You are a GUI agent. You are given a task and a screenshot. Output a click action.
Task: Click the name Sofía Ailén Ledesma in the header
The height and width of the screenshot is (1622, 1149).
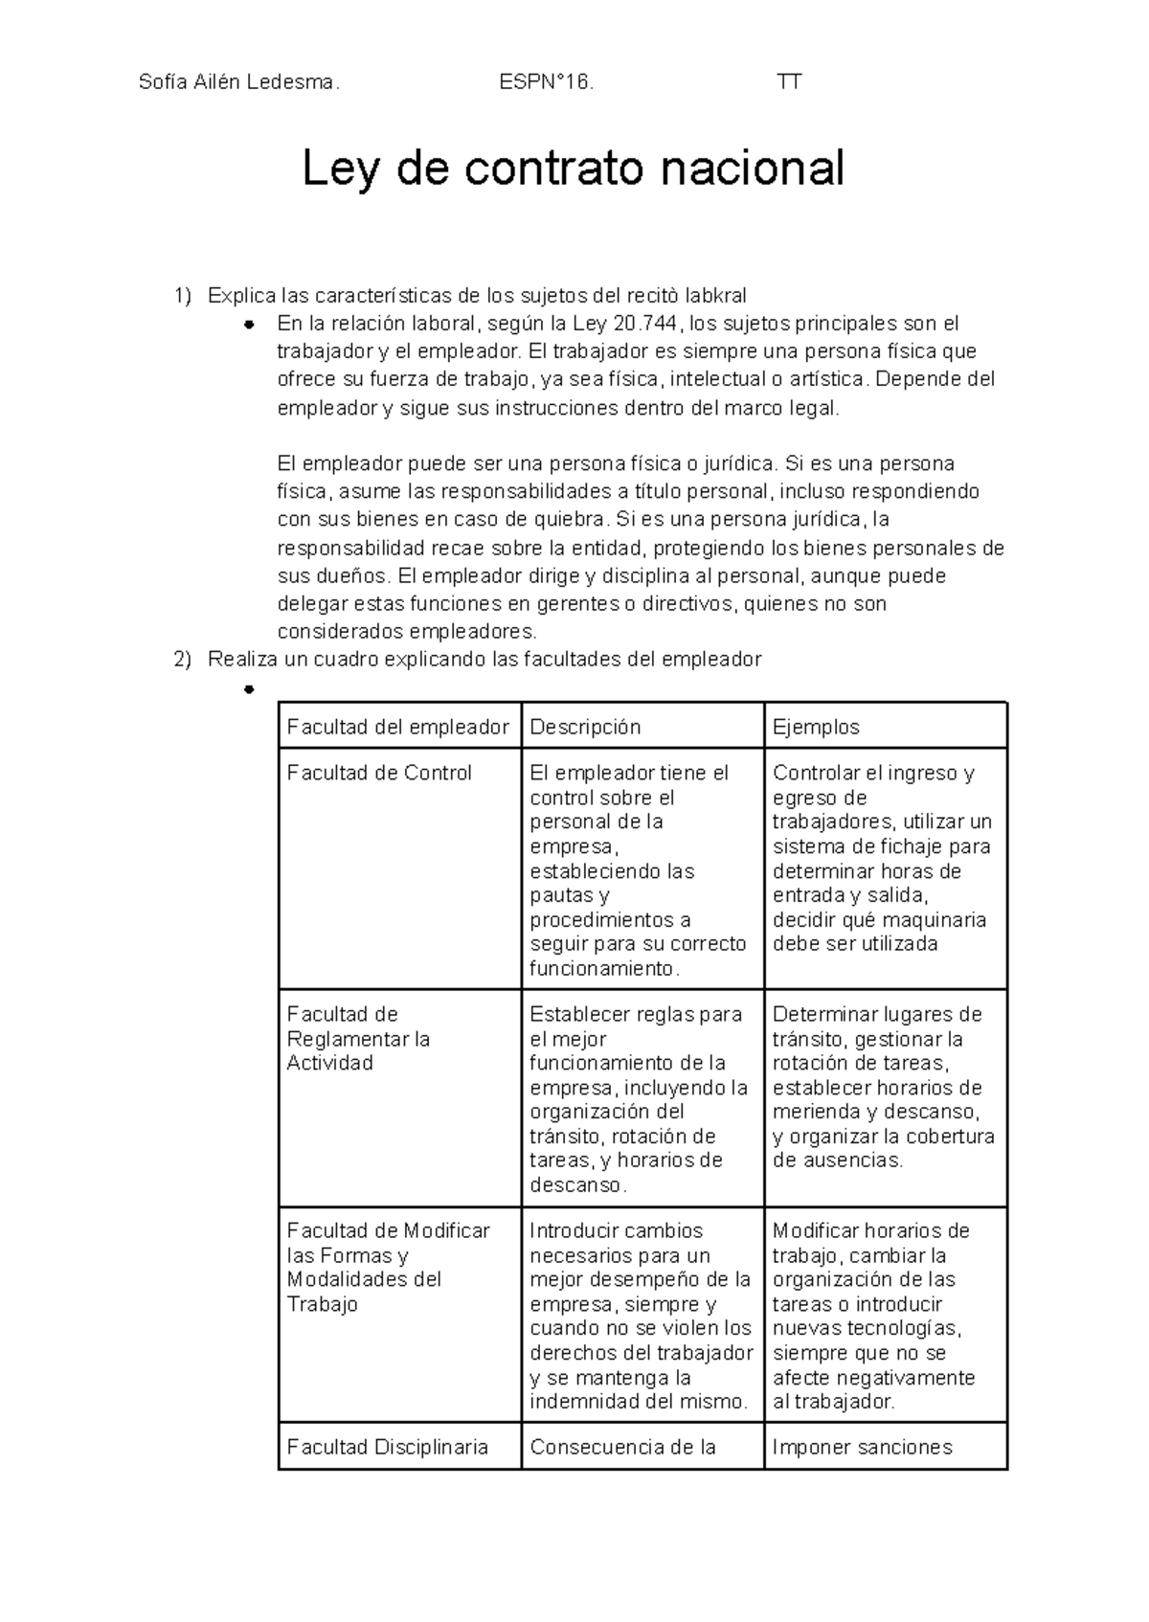[x=238, y=82]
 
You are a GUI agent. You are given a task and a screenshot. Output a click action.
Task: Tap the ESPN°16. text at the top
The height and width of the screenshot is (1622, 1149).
[x=546, y=82]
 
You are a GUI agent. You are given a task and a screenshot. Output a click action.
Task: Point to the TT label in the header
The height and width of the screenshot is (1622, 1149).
[x=789, y=82]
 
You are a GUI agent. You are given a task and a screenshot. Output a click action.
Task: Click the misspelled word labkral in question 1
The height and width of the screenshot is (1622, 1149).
[x=716, y=295]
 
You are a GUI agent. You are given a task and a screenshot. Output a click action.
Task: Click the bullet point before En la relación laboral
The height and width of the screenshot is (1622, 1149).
[x=248, y=324]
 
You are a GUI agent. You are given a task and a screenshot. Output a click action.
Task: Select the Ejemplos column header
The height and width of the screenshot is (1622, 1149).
[x=816, y=727]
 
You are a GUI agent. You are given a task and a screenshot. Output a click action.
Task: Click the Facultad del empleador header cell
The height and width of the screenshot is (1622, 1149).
[x=397, y=727]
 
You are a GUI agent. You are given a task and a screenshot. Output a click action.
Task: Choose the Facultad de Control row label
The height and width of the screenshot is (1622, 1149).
[x=379, y=773]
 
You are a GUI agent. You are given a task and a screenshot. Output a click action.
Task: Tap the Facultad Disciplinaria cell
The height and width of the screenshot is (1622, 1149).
[x=387, y=1447]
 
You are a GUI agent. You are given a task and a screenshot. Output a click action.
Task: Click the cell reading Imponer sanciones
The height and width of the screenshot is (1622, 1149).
[x=862, y=1447]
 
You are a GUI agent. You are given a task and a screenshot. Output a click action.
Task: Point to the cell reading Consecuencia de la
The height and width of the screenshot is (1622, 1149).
[x=622, y=1447]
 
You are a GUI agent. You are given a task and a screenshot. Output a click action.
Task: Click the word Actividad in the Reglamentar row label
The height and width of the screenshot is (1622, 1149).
[x=329, y=1063]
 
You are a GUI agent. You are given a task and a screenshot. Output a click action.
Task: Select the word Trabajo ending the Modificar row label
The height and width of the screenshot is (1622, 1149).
[x=322, y=1304]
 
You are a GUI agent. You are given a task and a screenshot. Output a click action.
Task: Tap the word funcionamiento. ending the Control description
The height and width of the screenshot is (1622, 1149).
[x=604, y=968]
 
